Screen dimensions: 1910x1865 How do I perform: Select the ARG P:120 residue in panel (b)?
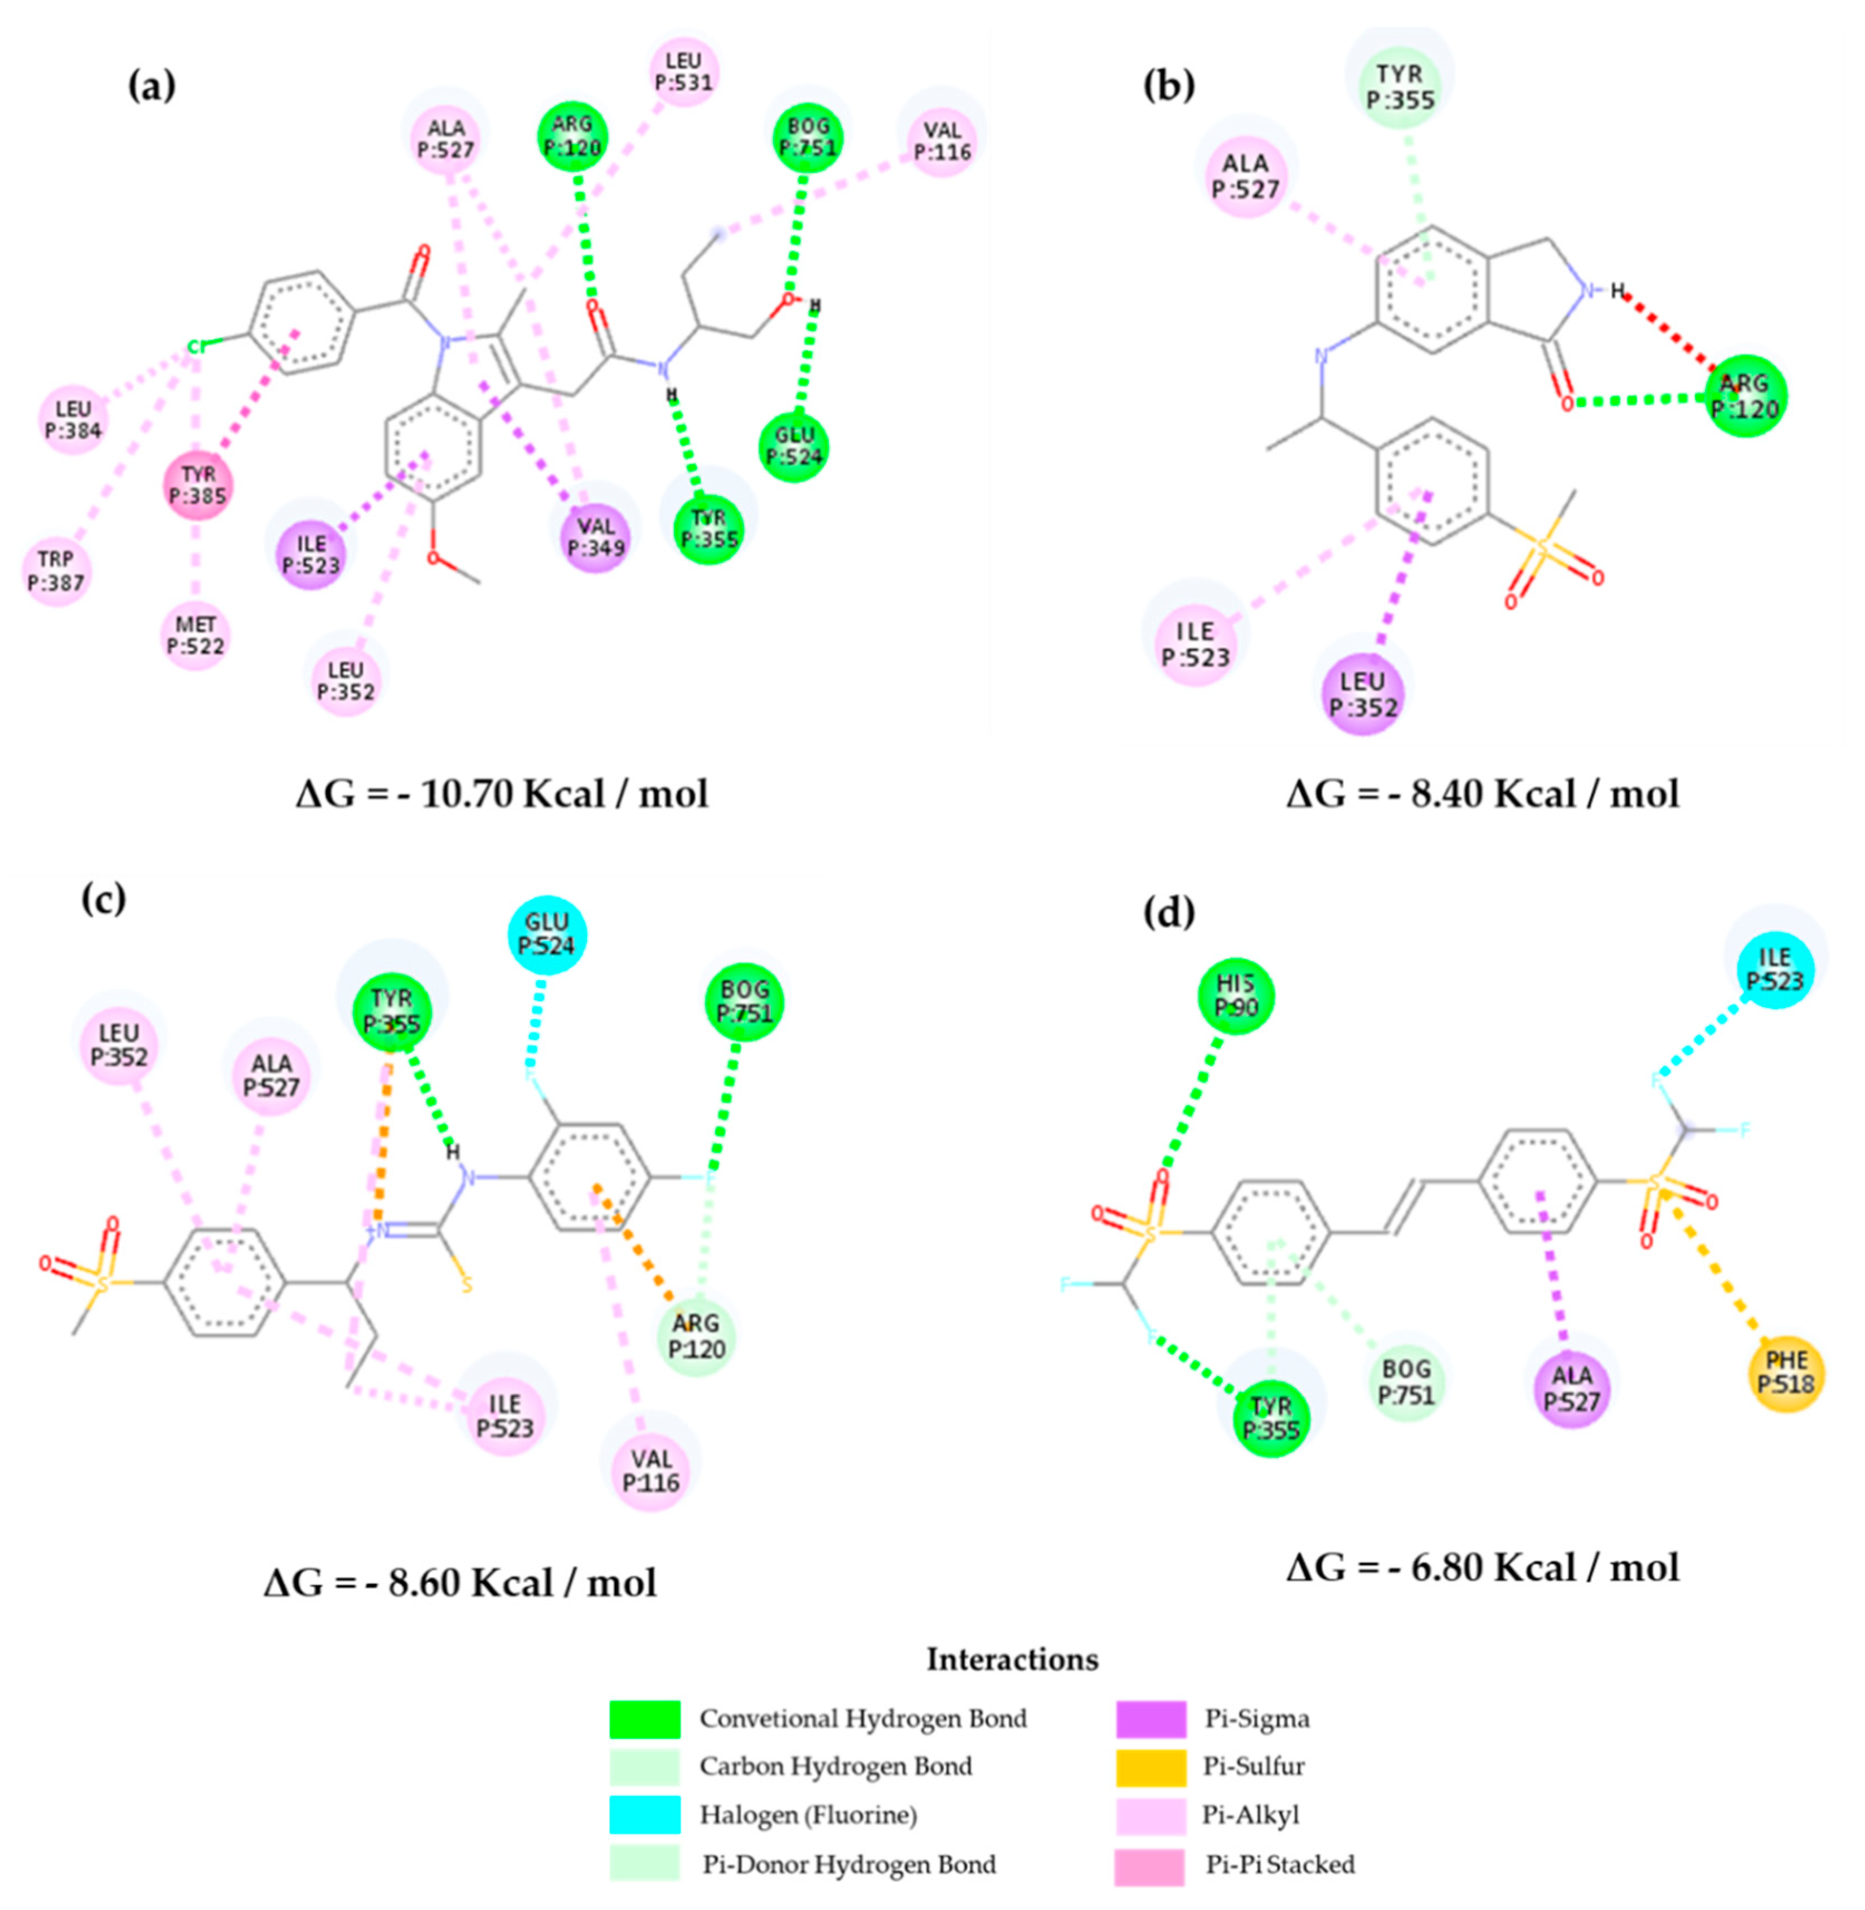pyautogui.click(x=1745, y=396)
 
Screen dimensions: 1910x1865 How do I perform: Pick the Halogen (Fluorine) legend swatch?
pyautogui.click(x=644, y=1815)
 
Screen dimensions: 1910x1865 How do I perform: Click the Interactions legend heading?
pyautogui.click(x=1012, y=1659)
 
